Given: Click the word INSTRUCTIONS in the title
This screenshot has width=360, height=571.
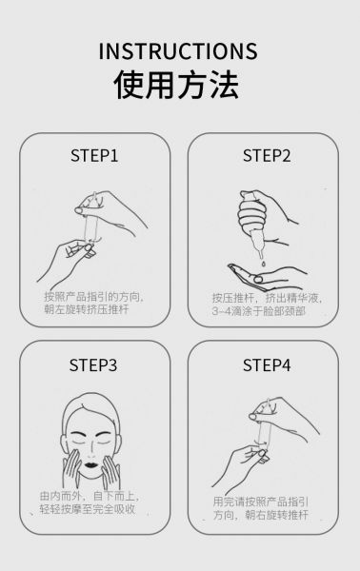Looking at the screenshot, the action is [178, 51].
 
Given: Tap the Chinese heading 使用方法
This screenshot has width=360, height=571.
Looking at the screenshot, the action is [177, 85].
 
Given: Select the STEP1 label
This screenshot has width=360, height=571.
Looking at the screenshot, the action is [94, 155].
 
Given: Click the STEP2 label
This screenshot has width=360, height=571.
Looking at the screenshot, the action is [267, 155].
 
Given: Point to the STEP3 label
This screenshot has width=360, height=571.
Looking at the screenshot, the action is [93, 364].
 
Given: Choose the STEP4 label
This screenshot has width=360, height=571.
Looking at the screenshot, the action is [267, 364].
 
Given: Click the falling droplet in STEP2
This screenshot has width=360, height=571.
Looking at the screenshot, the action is [262, 263].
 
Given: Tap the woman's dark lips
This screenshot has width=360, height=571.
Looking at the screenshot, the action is [90, 465].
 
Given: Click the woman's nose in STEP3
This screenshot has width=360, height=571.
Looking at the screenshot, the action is [91, 451].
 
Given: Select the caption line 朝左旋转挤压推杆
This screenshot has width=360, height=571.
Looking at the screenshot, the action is [87, 309].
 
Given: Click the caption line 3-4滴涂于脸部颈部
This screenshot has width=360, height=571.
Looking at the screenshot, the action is [259, 311].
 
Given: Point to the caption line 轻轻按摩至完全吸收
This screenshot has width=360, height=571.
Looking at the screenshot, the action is [88, 509].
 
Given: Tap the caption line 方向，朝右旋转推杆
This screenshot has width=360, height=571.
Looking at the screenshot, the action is [261, 515].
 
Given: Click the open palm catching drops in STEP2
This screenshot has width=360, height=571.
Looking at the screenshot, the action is [267, 278].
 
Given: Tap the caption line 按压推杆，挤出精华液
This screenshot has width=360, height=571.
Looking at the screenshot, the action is [267, 298].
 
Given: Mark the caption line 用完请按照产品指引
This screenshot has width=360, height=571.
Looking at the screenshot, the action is [261, 502].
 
